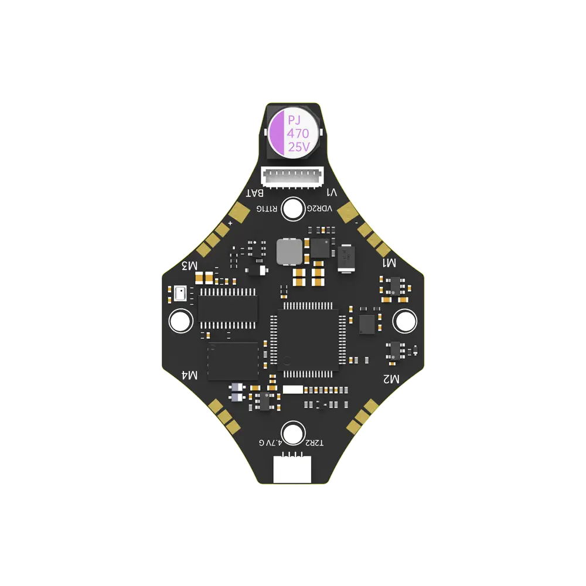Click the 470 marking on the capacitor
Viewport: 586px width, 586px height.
(x=298, y=134)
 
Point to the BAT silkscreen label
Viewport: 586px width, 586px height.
(x=255, y=193)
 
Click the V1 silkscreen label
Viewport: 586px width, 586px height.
(x=332, y=193)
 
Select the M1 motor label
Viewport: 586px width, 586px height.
(x=390, y=263)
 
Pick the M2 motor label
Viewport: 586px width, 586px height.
(x=391, y=379)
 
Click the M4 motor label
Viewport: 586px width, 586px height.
(x=190, y=374)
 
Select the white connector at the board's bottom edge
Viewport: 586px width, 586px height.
(x=292, y=469)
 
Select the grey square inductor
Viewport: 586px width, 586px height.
(x=289, y=251)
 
